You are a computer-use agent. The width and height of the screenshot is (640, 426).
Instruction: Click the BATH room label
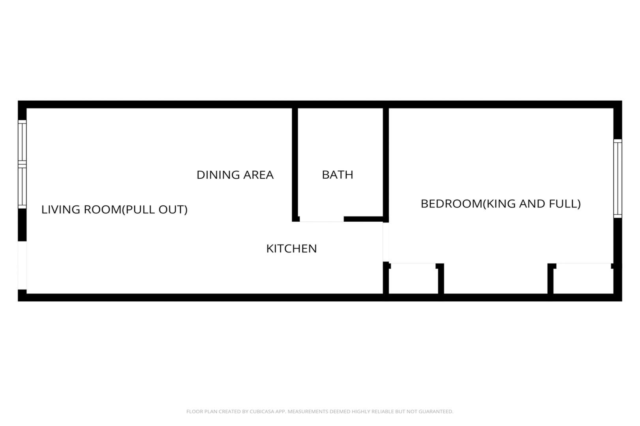338,175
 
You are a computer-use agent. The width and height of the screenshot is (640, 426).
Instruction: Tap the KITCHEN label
291,248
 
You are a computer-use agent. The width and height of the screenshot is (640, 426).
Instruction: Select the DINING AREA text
235,175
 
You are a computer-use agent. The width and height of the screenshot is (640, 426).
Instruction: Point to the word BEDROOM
451,204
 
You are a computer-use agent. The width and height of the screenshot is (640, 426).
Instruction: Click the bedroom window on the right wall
618,179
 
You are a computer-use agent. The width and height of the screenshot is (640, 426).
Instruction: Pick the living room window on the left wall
22,164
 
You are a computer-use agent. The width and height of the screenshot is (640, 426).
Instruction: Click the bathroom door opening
322,219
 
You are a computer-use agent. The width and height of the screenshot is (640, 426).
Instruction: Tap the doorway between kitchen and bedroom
386,242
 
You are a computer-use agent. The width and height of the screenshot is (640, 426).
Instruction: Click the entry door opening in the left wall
22,265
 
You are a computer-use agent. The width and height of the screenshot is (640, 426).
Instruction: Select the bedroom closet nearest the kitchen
413,278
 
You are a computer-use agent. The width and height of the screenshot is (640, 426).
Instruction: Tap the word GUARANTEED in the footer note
439,411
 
